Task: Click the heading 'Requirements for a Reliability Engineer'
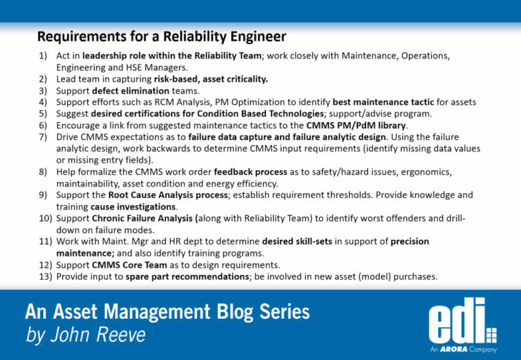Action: click(x=161, y=36)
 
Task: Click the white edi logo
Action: click(x=459, y=320)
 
